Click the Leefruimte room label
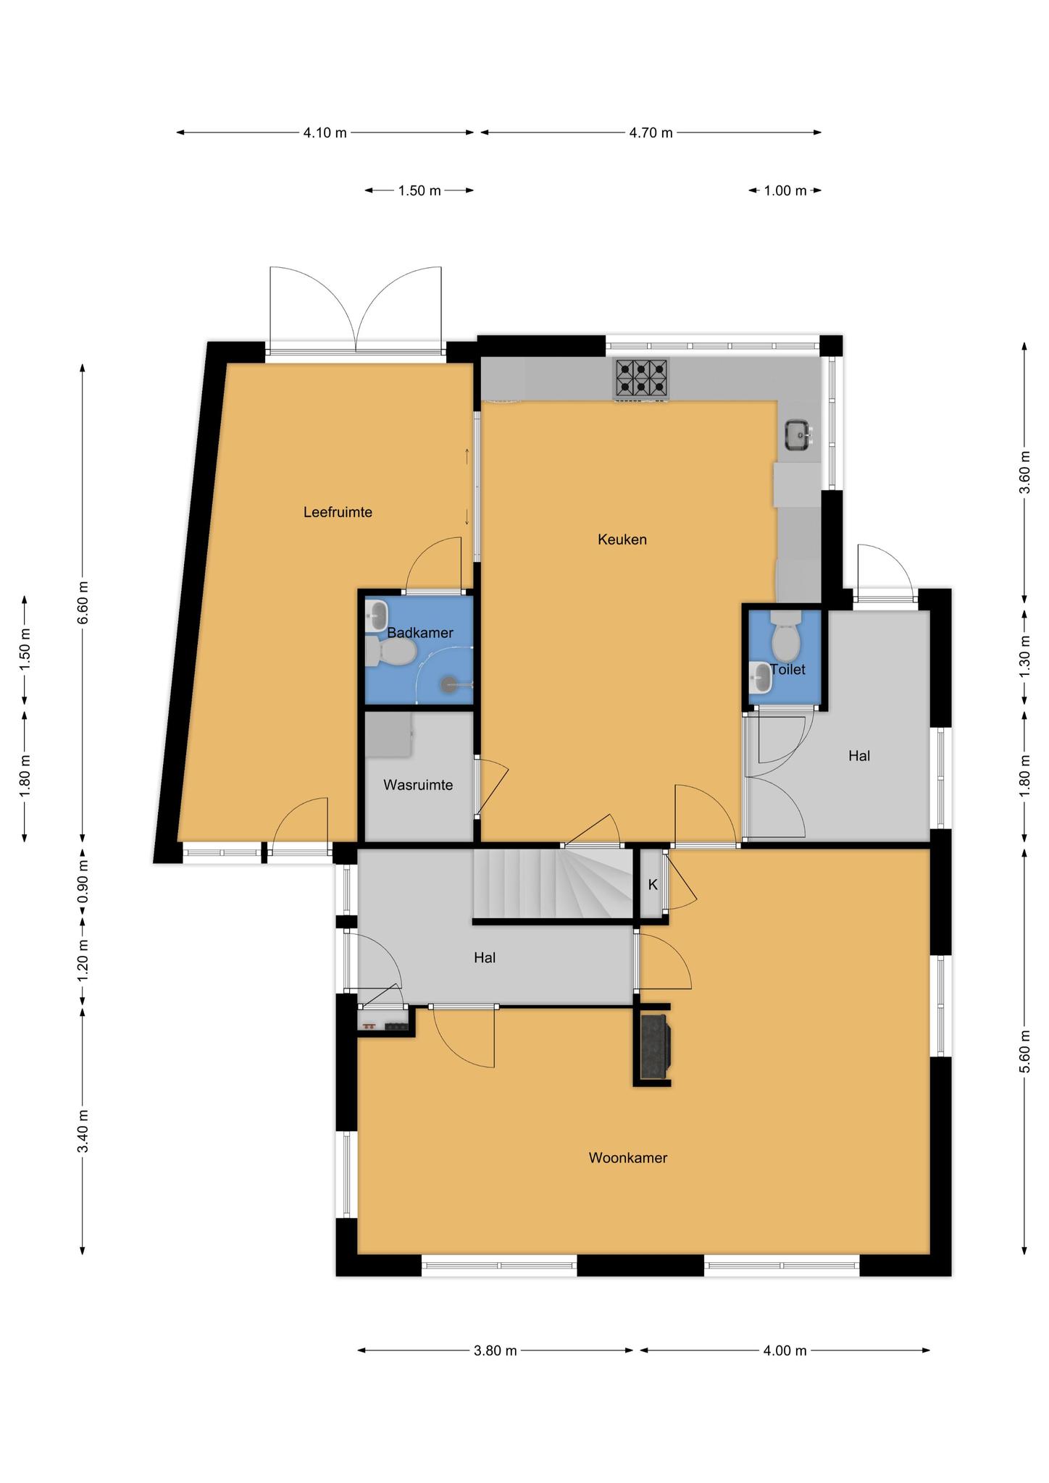tap(338, 513)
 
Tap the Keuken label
tap(622, 539)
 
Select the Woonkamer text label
tap(627, 1158)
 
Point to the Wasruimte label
tap(418, 785)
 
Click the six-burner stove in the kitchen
tap(641, 379)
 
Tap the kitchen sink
tap(800, 435)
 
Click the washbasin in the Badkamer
tap(377, 616)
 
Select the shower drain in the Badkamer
tap(450, 683)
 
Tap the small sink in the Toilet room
tap(761, 678)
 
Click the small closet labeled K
tap(653, 884)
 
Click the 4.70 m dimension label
tap(651, 133)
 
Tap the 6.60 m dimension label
tap(83, 602)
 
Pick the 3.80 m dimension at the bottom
tap(495, 1350)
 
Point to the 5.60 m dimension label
tap(1024, 1053)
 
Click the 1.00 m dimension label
tap(785, 191)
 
